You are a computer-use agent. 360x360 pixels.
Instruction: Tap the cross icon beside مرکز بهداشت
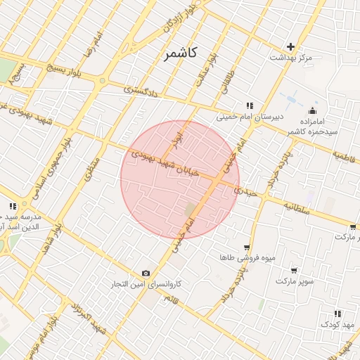click(x=291, y=46)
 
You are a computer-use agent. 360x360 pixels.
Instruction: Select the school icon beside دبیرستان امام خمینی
click(x=249, y=105)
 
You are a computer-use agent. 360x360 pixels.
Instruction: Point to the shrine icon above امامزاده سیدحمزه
click(x=312, y=110)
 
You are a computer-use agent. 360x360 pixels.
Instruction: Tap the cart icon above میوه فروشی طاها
click(x=246, y=247)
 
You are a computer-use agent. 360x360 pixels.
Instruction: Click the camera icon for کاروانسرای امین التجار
click(x=146, y=273)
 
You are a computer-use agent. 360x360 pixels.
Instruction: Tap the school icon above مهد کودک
click(x=337, y=314)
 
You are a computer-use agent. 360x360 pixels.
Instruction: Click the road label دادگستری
click(x=138, y=90)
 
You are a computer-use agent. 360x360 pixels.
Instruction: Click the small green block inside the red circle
click(x=191, y=210)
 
